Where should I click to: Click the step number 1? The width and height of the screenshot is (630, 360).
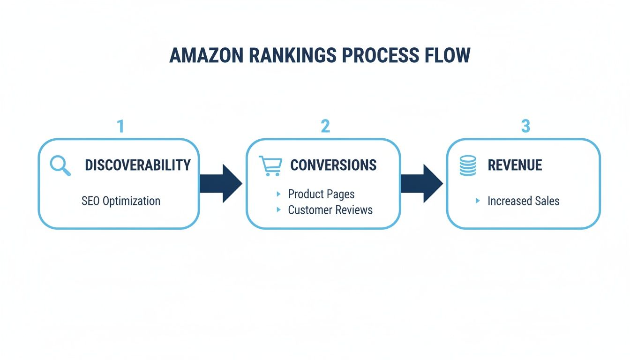(120, 126)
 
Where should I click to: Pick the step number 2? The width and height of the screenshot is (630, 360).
(325, 126)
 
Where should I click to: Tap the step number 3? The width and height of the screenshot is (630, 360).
(525, 126)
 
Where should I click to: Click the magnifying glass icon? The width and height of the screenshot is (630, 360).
(60, 166)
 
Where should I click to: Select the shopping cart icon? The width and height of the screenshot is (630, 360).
(270, 166)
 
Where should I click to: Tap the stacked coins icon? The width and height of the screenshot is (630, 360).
(468, 165)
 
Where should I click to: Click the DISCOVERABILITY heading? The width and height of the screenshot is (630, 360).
(138, 165)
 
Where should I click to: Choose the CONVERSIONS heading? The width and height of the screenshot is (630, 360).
(333, 165)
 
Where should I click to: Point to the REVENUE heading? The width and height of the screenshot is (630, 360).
(515, 165)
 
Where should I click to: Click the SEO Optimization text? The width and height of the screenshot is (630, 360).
(121, 201)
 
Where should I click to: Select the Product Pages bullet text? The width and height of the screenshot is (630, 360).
(321, 194)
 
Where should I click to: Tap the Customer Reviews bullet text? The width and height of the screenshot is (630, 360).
(330, 210)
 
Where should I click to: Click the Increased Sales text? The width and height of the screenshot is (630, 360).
(523, 201)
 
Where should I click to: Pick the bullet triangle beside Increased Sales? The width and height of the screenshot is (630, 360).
(478, 201)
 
